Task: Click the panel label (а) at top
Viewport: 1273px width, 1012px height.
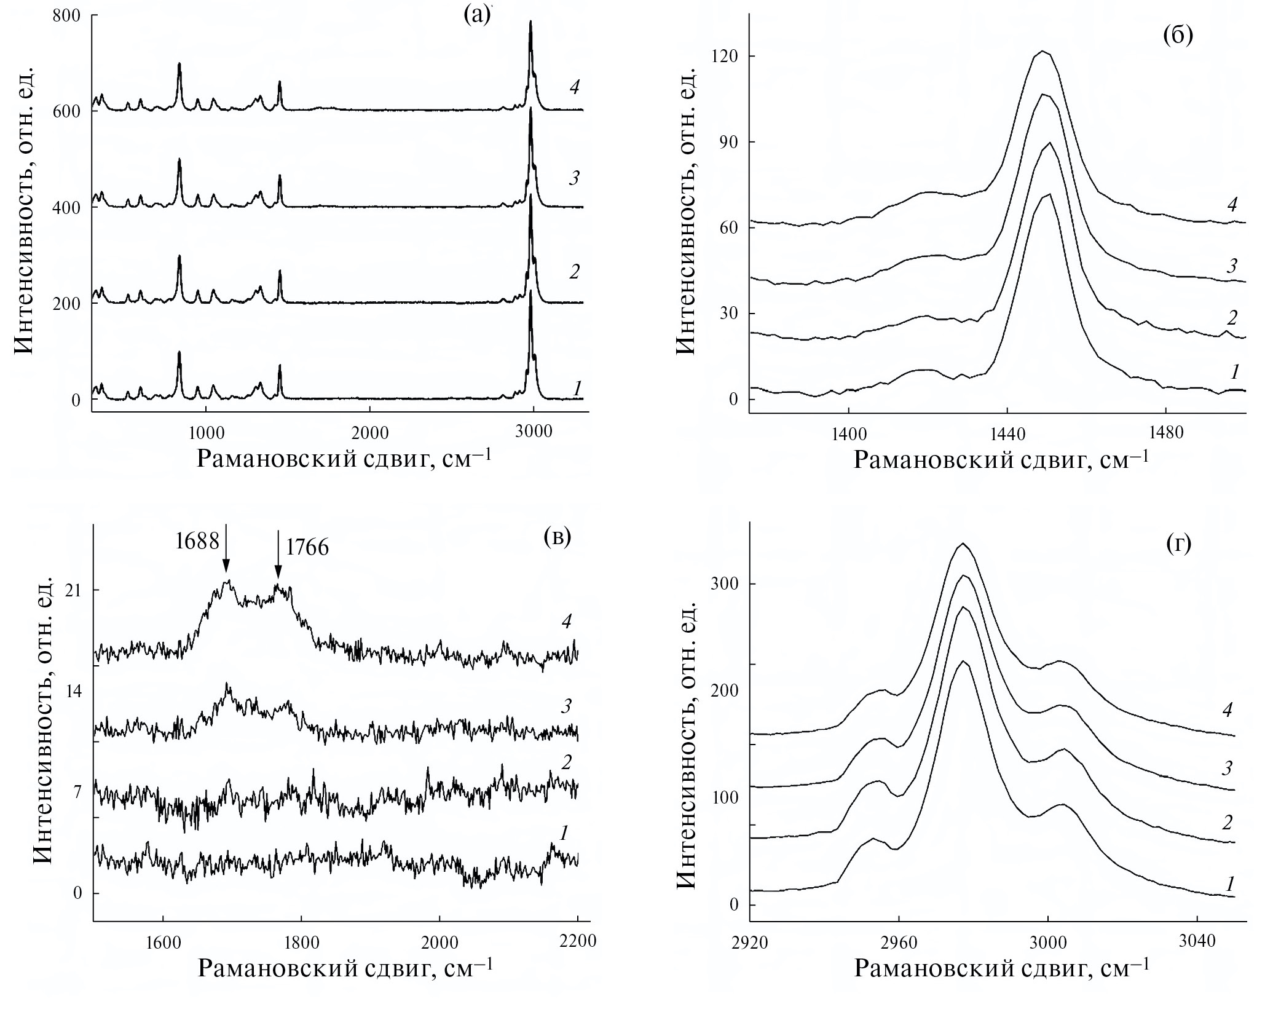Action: click(478, 15)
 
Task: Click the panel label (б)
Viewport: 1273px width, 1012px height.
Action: click(1178, 36)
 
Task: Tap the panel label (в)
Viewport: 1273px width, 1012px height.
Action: click(558, 537)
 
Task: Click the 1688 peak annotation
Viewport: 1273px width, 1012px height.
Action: click(197, 541)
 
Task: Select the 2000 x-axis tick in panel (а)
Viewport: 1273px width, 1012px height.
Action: click(369, 433)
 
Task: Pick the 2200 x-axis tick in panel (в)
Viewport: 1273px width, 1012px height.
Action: click(577, 940)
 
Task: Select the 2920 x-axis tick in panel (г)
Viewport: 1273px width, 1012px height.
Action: click(750, 942)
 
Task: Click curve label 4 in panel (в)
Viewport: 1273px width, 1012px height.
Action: click(566, 621)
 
